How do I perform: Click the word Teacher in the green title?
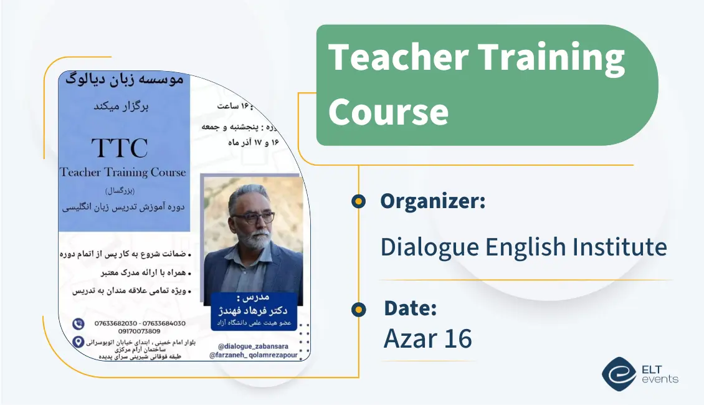(399, 58)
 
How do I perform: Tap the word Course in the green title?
(388, 112)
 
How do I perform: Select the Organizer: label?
(432, 201)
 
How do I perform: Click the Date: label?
(410, 308)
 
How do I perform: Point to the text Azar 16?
(428, 338)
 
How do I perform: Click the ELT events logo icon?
(619, 373)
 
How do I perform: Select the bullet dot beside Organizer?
(358, 201)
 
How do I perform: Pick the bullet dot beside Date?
(358, 309)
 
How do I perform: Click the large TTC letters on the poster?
(120, 148)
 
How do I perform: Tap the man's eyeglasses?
(252, 217)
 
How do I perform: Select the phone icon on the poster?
(78, 323)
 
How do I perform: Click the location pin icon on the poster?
(78, 341)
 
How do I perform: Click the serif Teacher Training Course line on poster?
(123, 172)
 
